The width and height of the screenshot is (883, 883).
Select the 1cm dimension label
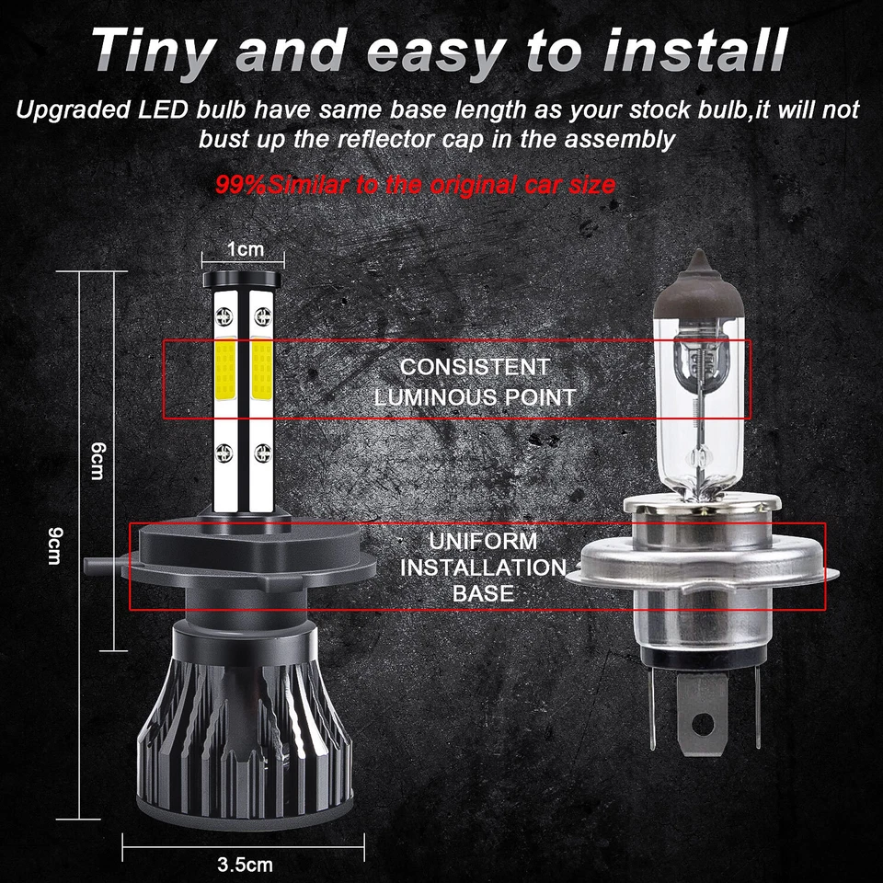point(245,249)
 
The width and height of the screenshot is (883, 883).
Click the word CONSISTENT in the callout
point(475,366)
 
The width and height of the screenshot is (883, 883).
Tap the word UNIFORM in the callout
point(483,541)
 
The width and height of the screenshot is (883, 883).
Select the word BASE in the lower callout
point(483,593)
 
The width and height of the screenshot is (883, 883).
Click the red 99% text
point(241,184)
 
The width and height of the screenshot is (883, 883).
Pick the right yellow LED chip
point(261,368)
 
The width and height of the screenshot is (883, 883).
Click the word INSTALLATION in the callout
point(483,567)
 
